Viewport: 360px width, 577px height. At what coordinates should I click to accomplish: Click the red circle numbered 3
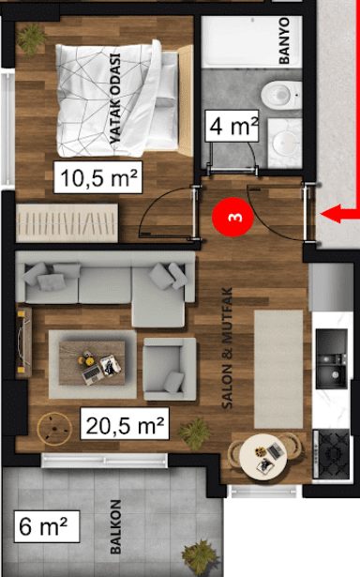click(232, 217)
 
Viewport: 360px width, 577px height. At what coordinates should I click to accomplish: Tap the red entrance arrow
click(340, 214)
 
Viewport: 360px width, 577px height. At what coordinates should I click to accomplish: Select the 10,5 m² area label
click(97, 177)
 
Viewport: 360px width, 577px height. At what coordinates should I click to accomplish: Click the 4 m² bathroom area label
click(232, 126)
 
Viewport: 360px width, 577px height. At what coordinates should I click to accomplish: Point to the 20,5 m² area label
click(125, 423)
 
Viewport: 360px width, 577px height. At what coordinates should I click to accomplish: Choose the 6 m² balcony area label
click(47, 526)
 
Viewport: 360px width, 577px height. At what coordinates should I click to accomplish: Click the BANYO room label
click(284, 41)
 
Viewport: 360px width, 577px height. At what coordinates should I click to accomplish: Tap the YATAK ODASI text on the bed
click(115, 99)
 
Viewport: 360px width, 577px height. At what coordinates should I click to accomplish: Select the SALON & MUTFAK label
click(228, 348)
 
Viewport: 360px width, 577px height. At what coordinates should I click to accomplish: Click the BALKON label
click(116, 526)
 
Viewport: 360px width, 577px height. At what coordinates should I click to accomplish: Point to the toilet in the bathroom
click(281, 95)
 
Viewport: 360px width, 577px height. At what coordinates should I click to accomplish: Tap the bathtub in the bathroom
click(251, 41)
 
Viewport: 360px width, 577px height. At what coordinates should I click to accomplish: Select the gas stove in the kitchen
click(331, 454)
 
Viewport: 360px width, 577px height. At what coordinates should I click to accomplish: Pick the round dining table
click(262, 457)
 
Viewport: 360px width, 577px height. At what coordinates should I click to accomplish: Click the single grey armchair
click(170, 369)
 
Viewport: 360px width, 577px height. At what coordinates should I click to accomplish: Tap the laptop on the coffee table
click(92, 374)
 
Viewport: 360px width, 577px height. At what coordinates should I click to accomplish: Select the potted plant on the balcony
click(199, 557)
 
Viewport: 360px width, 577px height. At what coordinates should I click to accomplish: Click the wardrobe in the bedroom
click(67, 223)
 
